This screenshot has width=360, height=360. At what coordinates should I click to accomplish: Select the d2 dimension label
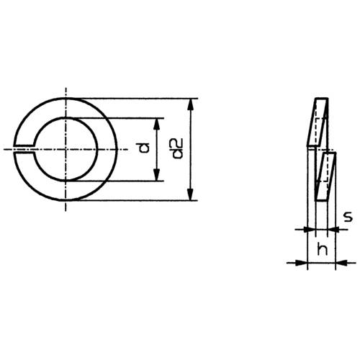tap(178, 149)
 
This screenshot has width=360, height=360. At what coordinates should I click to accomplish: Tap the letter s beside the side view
tap(347, 215)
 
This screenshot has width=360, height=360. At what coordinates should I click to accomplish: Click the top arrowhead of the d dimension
tap(157, 123)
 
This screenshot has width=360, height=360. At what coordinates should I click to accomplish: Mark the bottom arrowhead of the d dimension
tap(157, 176)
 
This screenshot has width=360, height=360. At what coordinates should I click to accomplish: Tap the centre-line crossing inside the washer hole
tap(66, 149)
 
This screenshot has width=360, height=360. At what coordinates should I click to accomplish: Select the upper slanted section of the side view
tap(316, 121)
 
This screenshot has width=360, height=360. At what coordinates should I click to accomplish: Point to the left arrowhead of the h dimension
tap(302, 263)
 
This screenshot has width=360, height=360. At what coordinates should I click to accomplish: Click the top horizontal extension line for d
tap(115, 119)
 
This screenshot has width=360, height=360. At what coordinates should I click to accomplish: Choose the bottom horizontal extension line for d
tap(115, 181)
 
